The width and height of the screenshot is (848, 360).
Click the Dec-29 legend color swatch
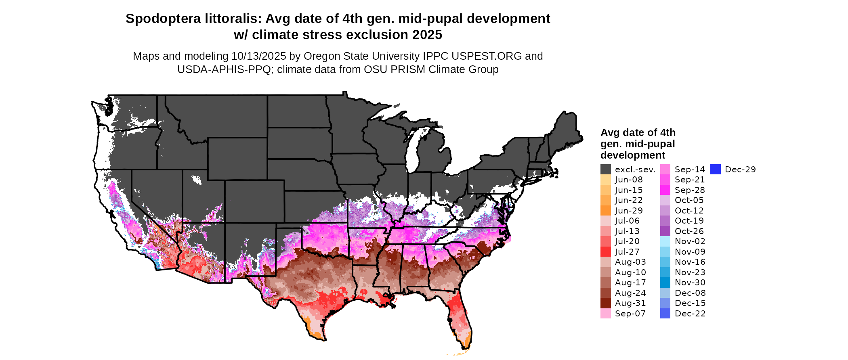pos(715,170)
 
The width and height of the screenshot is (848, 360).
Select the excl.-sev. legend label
pos(635,170)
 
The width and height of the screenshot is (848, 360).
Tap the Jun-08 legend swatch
pos(605,180)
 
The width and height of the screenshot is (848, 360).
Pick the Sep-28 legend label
pos(690,190)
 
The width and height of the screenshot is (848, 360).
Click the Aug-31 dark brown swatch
pos(605,303)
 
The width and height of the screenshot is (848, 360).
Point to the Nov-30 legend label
pos(690,283)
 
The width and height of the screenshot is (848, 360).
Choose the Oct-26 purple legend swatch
pos(665,231)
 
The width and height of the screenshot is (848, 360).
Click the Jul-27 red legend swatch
pos(605,252)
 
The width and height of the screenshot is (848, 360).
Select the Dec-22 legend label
pos(690,314)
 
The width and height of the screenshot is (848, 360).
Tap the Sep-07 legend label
pos(630,314)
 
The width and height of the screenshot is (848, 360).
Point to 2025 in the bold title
pos(427,35)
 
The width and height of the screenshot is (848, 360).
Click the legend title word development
pos(632,155)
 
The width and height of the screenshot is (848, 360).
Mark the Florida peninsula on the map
pos(460,319)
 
